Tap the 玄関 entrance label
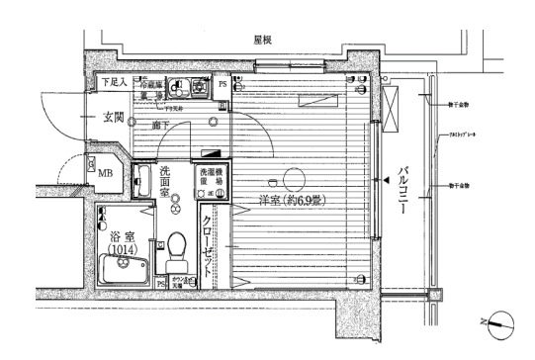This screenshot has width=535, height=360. tap(112, 118)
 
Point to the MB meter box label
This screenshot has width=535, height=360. tap(103, 173)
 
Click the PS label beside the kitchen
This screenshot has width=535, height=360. tap(222, 85)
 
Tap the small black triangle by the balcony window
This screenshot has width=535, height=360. tap(383, 182)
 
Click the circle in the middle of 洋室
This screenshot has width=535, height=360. tap(292, 179)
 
